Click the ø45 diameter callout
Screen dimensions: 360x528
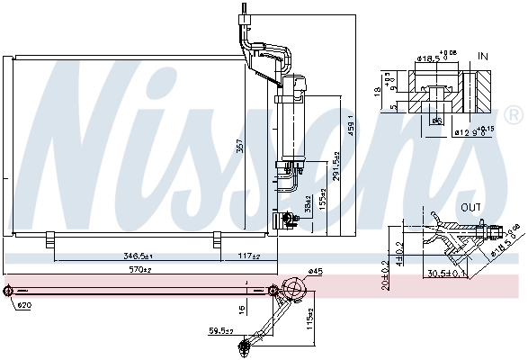[x=314, y=270]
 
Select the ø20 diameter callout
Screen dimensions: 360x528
[x=22, y=304]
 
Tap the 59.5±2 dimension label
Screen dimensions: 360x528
[x=219, y=332]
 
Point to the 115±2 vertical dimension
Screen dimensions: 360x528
[x=311, y=319]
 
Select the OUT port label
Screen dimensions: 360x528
[x=470, y=206]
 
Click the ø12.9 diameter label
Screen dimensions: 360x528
[x=470, y=131]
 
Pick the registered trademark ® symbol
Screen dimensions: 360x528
[x=513, y=115]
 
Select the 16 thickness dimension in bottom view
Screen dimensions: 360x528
[x=240, y=308]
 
